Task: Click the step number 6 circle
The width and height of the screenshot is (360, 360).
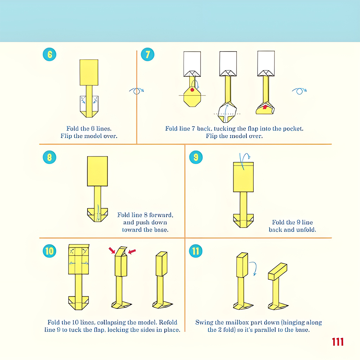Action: tap(50, 54)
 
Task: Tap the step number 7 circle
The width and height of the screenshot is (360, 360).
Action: tap(147, 54)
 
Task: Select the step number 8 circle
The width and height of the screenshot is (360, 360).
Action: tap(50, 157)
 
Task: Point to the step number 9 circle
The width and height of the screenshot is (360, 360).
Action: tap(196, 157)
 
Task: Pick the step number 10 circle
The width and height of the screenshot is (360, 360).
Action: tap(50, 251)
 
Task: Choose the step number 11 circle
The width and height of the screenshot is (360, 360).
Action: tap(195, 251)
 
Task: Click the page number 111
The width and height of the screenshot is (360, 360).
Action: tap(338, 342)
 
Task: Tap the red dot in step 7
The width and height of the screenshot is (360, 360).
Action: tap(192, 90)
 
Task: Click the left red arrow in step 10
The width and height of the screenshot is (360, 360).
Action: tap(112, 250)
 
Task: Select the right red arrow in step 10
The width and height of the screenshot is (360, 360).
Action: tap(132, 252)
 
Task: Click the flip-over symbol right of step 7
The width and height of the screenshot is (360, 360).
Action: tap(299, 91)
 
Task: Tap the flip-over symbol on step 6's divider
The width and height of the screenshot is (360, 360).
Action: tap(136, 91)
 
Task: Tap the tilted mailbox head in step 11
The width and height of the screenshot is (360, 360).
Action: tap(278, 271)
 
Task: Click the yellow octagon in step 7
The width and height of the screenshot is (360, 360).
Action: tap(192, 96)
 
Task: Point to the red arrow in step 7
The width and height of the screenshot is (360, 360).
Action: tap(265, 107)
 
